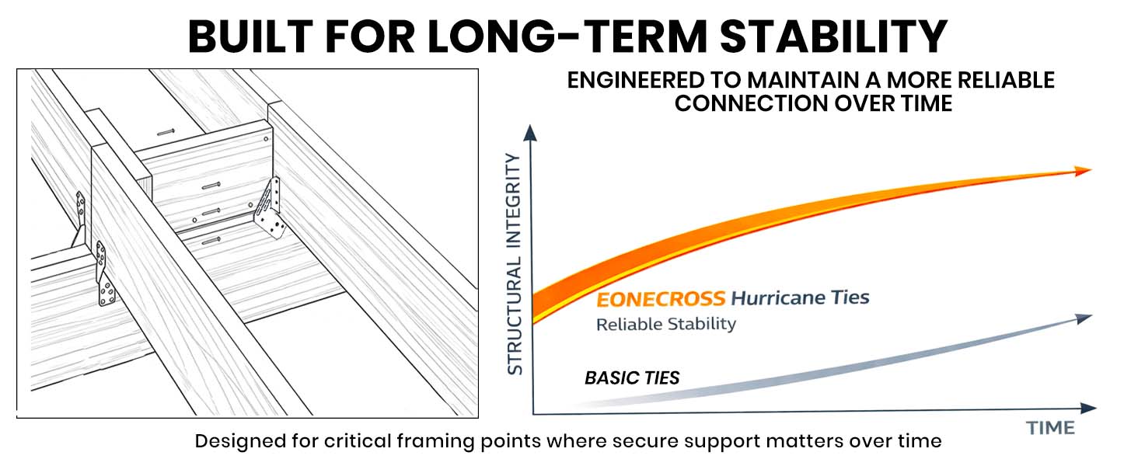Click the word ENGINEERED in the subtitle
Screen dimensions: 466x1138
coord(650,80)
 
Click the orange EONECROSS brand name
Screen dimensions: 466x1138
coord(661,298)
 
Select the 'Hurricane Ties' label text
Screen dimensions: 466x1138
coord(801,297)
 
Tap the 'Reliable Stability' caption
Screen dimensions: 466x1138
coord(665,324)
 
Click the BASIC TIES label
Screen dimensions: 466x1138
coord(632,378)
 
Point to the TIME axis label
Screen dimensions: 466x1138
coord(1051,428)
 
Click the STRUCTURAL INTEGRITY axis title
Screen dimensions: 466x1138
coord(515,264)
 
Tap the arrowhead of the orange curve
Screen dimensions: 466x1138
coord(1084,172)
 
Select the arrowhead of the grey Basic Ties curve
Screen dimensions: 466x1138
coord(1084,317)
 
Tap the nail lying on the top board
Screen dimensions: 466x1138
coord(166,133)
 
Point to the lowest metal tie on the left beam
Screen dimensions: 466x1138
coord(105,276)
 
